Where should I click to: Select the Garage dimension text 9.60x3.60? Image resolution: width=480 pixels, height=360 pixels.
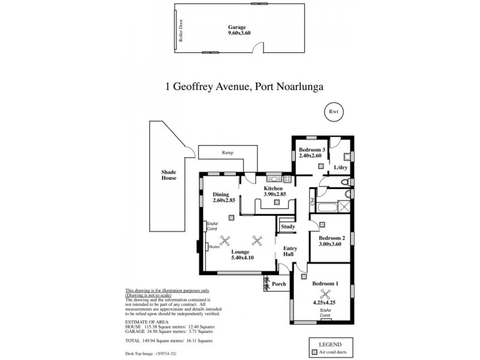pyautogui.click(x=239, y=34)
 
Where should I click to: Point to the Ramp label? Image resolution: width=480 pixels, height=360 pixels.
pyautogui.click(x=227, y=152)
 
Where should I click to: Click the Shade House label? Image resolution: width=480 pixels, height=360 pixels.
pyautogui.click(x=169, y=175)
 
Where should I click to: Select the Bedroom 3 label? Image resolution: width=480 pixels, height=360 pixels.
pyautogui.click(x=312, y=149)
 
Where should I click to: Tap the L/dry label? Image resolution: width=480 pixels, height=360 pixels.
pyautogui.click(x=340, y=167)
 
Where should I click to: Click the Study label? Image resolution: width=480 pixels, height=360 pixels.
pyautogui.click(x=287, y=226)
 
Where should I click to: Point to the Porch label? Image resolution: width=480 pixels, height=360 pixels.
pyautogui.click(x=279, y=284)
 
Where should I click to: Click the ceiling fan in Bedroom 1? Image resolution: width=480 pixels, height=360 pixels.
pyautogui.click(x=325, y=294)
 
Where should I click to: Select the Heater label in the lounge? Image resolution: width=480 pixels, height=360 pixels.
pyautogui.click(x=214, y=246)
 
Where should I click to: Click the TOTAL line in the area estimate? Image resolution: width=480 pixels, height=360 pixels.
pyautogui.click(x=169, y=340)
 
